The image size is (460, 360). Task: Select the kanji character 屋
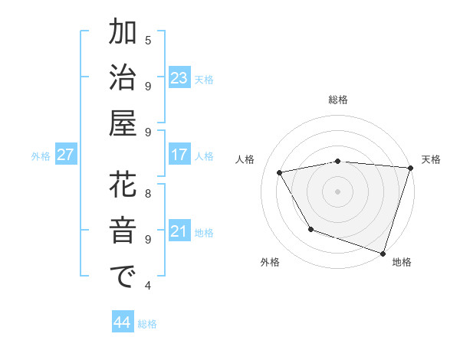(x=123, y=123)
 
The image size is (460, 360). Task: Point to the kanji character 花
(x=123, y=186)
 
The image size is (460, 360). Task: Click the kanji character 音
(x=123, y=231)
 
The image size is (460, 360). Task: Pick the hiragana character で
(x=123, y=277)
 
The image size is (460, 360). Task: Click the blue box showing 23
(x=179, y=77)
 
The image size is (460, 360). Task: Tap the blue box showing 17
(x=179, y=154)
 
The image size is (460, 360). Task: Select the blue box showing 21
(x=179, y=231)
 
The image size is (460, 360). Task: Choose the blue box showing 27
(x=65, y=155)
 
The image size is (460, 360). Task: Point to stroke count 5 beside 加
(x=148, y=40)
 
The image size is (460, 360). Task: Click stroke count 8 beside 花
(x=148, y=194)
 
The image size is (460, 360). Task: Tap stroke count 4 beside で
(x=148, y=286)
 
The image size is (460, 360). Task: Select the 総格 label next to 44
(x=147, y=324)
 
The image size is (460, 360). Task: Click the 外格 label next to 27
(x=41, y=156)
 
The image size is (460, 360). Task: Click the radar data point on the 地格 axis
(x=382, y=252)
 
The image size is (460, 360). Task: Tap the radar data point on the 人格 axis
(x=280, y=173)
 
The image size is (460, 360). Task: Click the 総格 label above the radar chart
(x=338, y=100)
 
